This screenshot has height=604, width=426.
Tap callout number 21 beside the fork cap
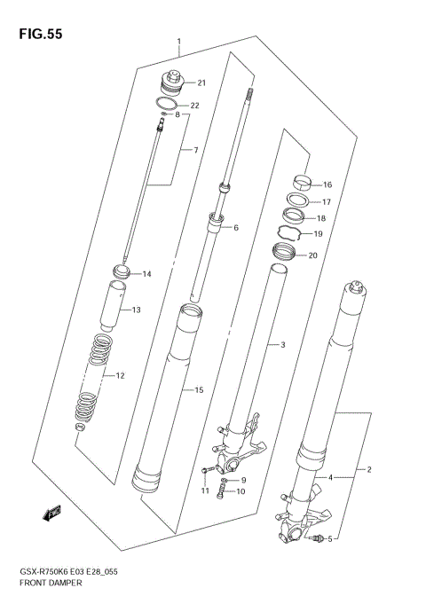tap(201, 83)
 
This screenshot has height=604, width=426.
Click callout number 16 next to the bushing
tap(327, 185)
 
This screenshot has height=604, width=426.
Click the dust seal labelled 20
tap(281, 255)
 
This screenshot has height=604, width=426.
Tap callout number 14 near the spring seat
tap(147, 274)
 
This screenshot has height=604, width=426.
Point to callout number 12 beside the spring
tap(120, 376)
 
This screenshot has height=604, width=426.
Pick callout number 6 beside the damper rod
tap(236, 228)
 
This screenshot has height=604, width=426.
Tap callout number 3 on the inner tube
tap(282, 344)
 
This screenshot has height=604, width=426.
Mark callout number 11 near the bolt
tap(204, 490)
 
